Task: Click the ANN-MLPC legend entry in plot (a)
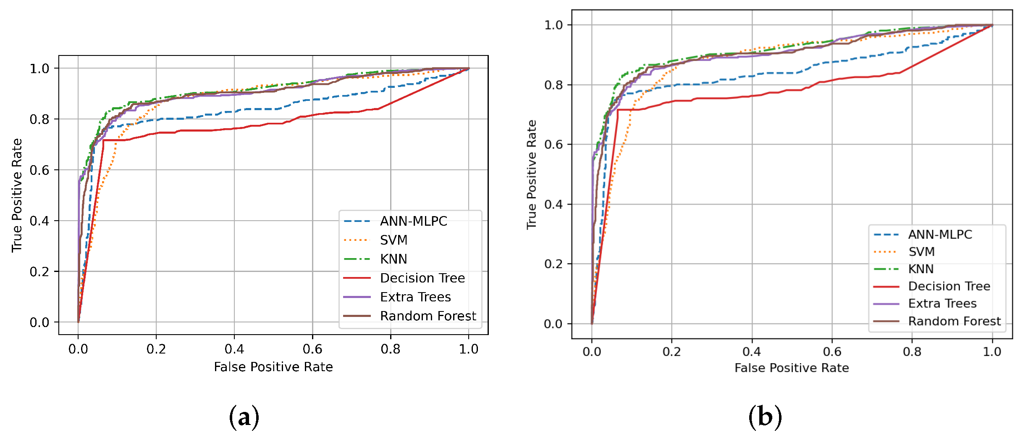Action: pyautogui.click(x=413, y=221)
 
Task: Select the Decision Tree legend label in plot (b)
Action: pyautogui.click(x=949, y=286)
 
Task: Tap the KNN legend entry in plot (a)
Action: pyautogui.click(x=393, y=259)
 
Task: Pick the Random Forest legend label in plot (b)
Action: pyautogui.click(x=954, y=321)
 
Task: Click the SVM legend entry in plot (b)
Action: pyautogui.click(x=921, y=252)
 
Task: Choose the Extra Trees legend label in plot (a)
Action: pyautogui.click(x=415, y=297)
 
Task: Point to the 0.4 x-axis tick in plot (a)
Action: pyautogui.click(x=234, y=349)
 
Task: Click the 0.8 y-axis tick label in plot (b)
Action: pyautogui.click(x=553, y=85)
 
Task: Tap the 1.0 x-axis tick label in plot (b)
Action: pyautogui.click(x=992, y=352)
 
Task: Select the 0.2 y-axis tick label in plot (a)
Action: pyautogui.click(x=39, y=272)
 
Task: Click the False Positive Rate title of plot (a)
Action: pyautogui.click(x=273, y=367)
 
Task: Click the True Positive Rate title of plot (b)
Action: pyautogui.click(x=532, y=174)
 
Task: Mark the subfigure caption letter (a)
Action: pyautogui.click(x=244, y=417)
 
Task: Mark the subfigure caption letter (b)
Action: pyautogui.click(x=765, y=417)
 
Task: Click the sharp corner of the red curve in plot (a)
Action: pyautogui.click(x=103, y=140)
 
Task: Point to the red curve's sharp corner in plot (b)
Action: pyautogui.click(x=618, y=110)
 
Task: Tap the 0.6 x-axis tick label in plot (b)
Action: pyautogui.click(x=832, y=352)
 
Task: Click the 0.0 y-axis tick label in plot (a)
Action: pyautogui.click(x=39, y=323)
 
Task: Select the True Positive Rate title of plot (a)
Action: pyautogui.click(x=17, y=195)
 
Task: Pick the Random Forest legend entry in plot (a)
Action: pyautogui.click(x=428, y=316)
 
